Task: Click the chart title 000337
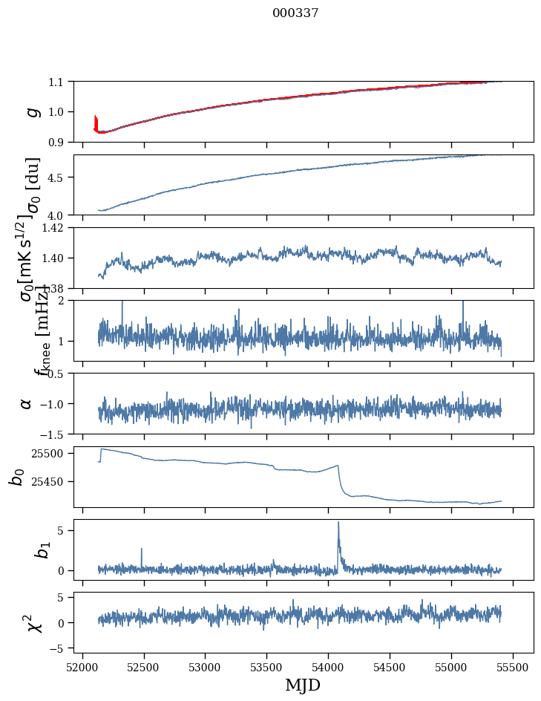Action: click(295, 13)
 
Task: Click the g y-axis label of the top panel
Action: click(30, 111)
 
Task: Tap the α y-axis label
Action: click(26, 403)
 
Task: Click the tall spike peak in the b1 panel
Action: click(338, 522)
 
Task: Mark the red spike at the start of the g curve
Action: click(96, 119)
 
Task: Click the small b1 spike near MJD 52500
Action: click(141, 550)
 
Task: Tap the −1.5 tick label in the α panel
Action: click(56, 434)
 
